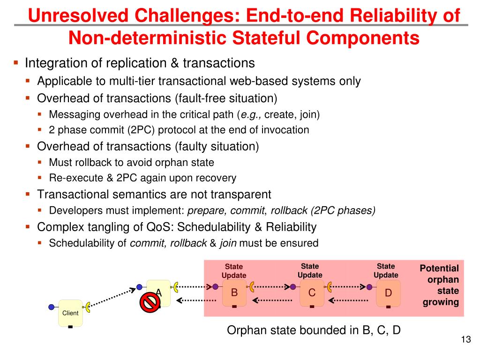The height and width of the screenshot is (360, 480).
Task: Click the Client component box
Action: [x=70, y=313]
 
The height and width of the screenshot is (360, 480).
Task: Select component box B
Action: [x=234, y=293]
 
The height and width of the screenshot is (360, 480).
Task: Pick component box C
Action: [x=312, y=293]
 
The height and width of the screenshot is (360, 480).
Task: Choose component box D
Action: [x=388, y=293]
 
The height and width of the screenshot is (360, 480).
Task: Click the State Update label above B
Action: [x=234, y=271]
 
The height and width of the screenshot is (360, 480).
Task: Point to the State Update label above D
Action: [x=386, y=270]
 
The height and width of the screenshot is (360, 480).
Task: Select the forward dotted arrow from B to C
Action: [x=272, y=286]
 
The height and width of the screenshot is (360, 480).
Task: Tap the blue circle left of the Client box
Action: [x=52, y=307]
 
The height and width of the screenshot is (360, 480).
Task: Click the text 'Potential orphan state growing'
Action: [x=439, y=285]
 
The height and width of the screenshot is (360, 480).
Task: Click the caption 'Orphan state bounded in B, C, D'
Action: [x=314, y=330]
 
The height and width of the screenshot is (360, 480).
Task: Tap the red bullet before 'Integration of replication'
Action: [x=16, y=62]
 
